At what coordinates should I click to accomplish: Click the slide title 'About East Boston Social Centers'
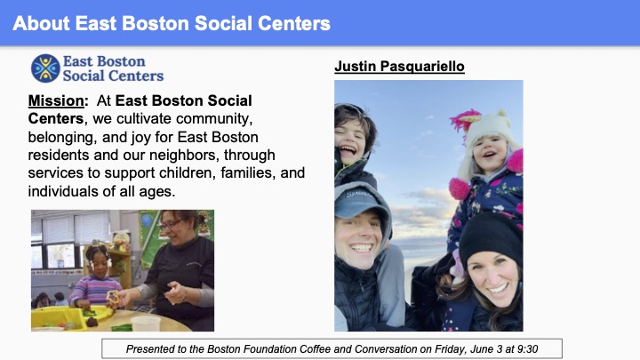tap(172, 22)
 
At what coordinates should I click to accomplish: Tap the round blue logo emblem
tap(45, 68)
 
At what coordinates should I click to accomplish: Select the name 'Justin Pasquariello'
tap(399, 66)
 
